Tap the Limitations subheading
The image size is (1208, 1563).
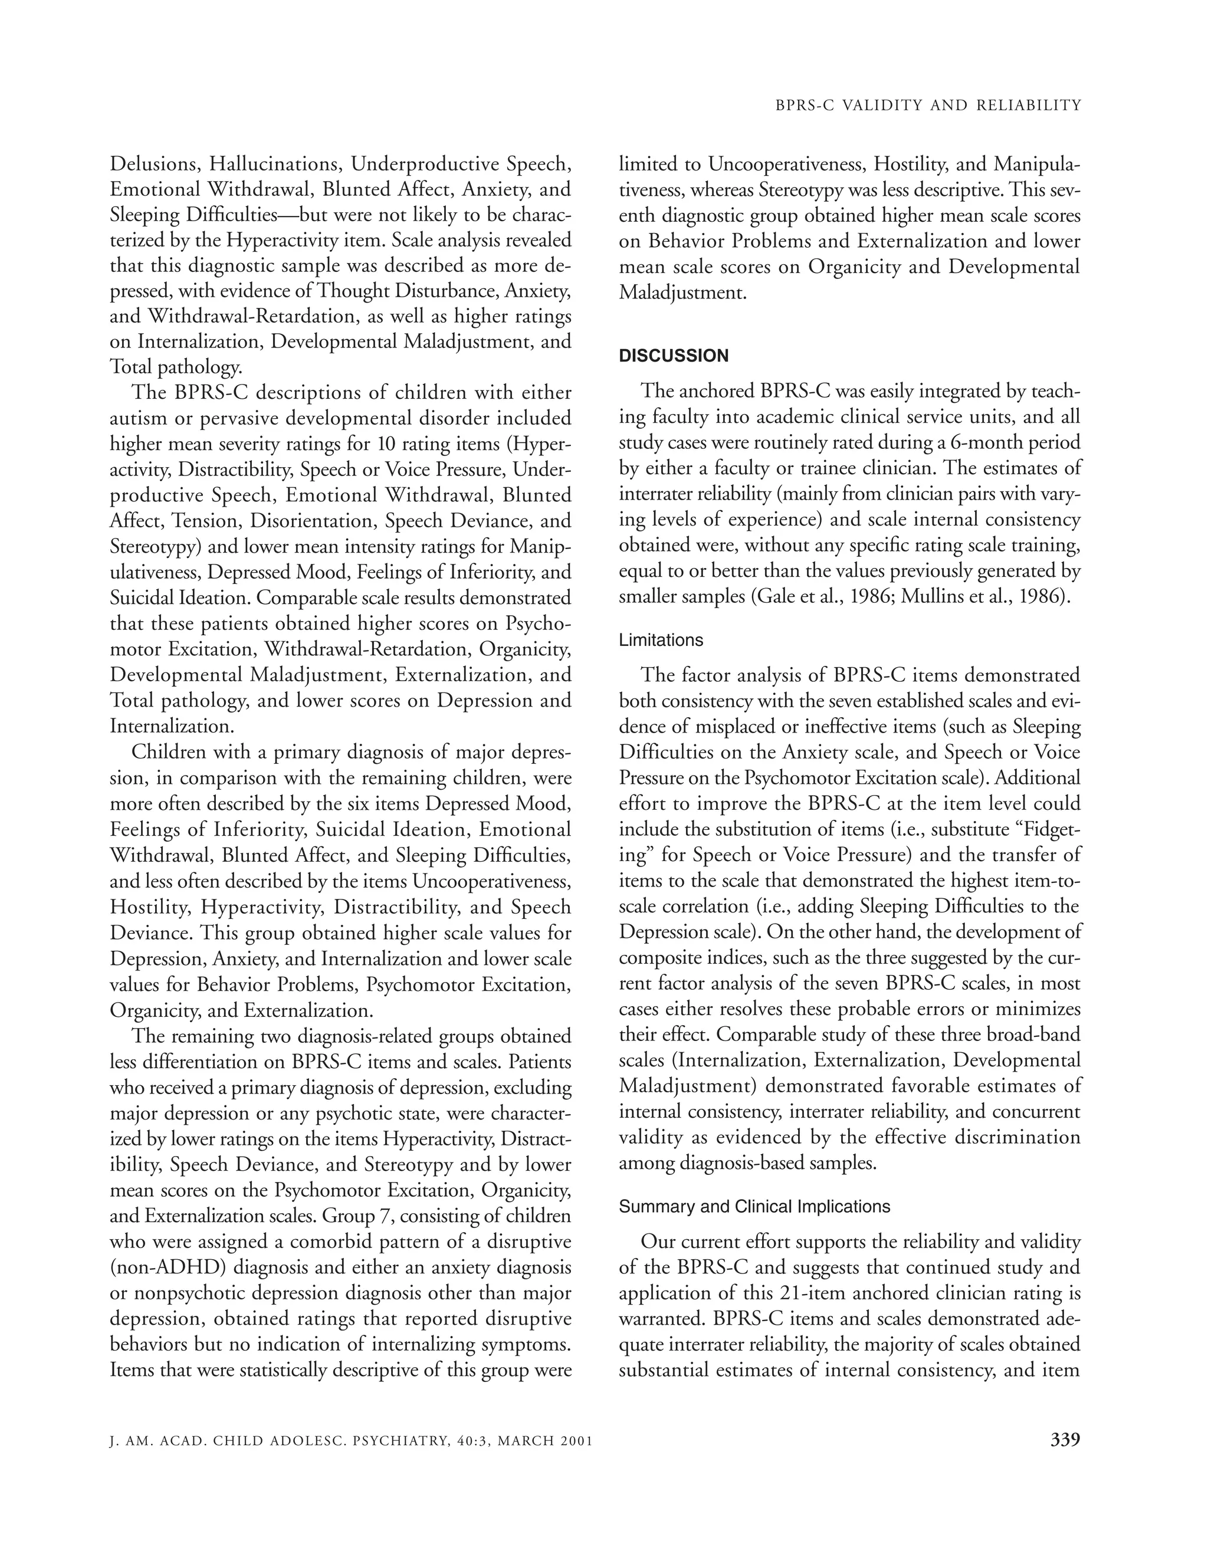pyautogui.click(x=661, y=640)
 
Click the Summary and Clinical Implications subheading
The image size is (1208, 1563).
pyautogui.click(x=754, y=1207)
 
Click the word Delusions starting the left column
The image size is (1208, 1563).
pyautogui.click(x=155, y=164)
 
